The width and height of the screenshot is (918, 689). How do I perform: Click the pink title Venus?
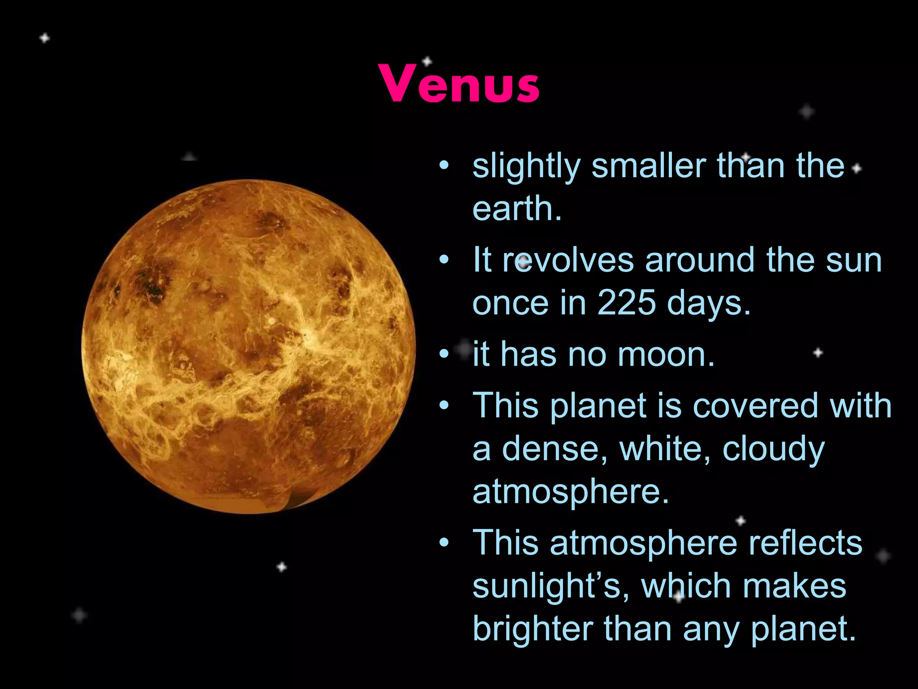pyautogui.click(x=459, y=84)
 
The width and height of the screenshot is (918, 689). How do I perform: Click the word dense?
pyautogui.click(x=555, y=449)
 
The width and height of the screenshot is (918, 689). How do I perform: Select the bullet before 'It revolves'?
pyautogui.click(x=444, y=260)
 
